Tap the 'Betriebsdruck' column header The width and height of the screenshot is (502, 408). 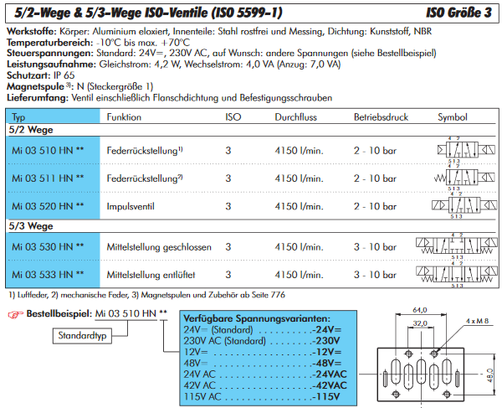(x=378, y=116)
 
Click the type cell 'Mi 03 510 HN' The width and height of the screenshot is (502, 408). (x=43, y=150)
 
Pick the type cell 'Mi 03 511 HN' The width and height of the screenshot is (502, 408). (x=43, y=178)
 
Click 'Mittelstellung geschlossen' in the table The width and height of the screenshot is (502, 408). (x=158, y=247)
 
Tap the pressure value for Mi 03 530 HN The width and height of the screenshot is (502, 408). (x=373, y=247)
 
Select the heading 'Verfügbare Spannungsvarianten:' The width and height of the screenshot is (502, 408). (x=254, y=319)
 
